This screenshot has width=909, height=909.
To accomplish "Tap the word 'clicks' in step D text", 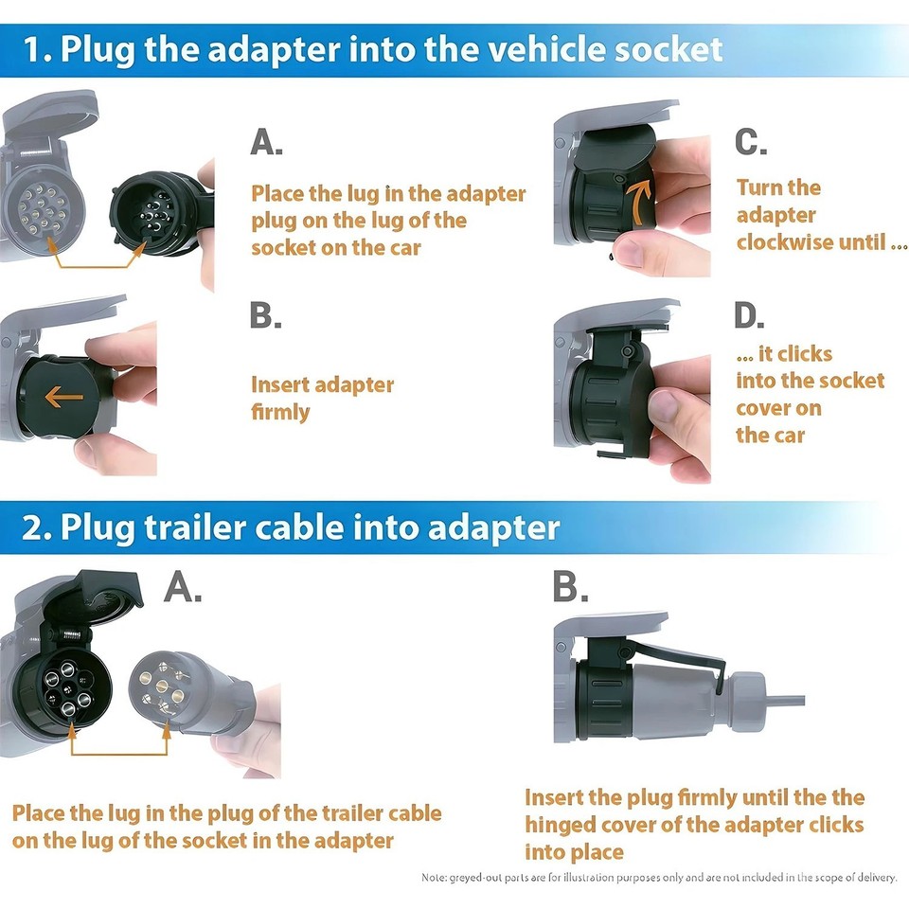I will pyautogui.click(x=805, y=354).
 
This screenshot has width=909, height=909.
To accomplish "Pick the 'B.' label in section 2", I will pyautogui.click(x=570, y=589).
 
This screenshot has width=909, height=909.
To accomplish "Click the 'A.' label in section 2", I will pyautogui.click(x=183, y=589).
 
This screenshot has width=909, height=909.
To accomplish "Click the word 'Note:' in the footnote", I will pyautogui.click(x=437, y=878).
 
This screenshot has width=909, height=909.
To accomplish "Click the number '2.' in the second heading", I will pyautogui.click(x=38, y=527).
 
